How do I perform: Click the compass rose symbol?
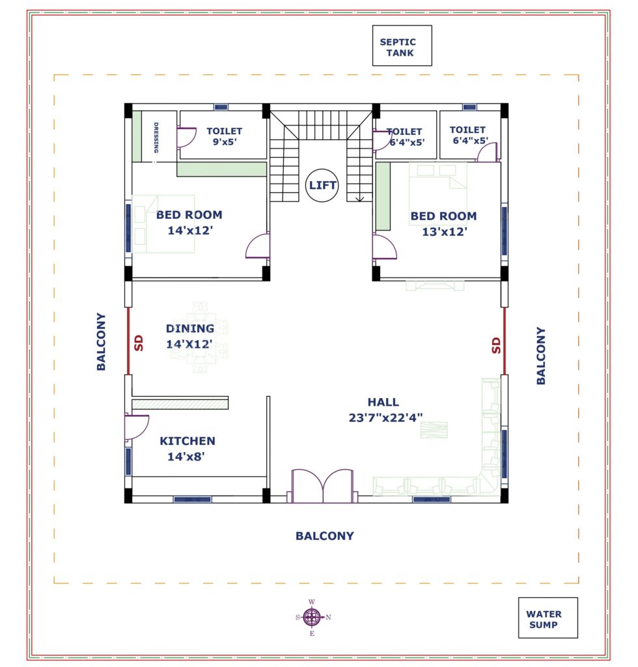pos(313,617)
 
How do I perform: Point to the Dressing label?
pos(156,137)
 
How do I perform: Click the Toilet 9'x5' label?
pos(225,136)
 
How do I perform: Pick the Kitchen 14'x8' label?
pos(187,448)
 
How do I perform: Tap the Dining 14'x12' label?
pos(189,336)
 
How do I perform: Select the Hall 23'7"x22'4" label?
pos(385,410)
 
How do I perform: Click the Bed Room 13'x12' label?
pos(444,224)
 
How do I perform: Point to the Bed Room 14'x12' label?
pos(189,223)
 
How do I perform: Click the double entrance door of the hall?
pos(323,486)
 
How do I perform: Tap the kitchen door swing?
pos(137,427)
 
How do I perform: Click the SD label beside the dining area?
pos(139,343)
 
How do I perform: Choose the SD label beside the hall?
pos(496,345)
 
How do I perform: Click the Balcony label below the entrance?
pos(325,535)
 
